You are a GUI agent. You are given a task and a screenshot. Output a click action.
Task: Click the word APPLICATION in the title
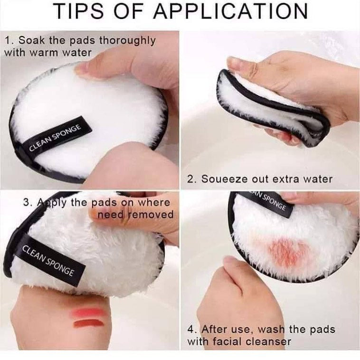(x=230, y=11)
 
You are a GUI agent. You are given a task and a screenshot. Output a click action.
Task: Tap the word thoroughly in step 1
(x=127, y=41)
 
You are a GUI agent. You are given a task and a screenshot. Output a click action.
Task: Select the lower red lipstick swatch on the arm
(x=89, y=324)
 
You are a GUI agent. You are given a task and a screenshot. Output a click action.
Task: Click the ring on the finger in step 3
(x=125, y=219)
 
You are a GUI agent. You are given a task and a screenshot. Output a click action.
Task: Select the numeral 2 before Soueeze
(x=190, y=179)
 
